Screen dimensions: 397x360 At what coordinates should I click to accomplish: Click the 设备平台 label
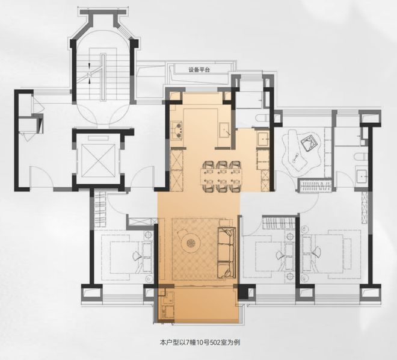tap(199, 70)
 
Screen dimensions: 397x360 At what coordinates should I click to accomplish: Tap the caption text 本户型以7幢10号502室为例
tap(200, 343)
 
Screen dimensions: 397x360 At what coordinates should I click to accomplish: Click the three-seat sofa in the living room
tap(226, 253)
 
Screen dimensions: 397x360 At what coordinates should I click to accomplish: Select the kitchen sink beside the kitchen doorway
tap(224, 130)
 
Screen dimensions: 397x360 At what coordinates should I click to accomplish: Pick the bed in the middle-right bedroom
tap(269, 255)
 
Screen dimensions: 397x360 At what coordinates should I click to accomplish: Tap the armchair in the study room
tap(309, 143)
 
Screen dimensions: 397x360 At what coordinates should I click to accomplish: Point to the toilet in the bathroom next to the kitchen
tap(262, 119)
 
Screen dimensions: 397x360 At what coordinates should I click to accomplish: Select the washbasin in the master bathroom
tap(362, 176)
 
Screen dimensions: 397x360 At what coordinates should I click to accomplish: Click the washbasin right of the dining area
tap(263, 138)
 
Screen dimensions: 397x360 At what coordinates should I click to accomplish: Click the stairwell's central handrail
tap(103, 77)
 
